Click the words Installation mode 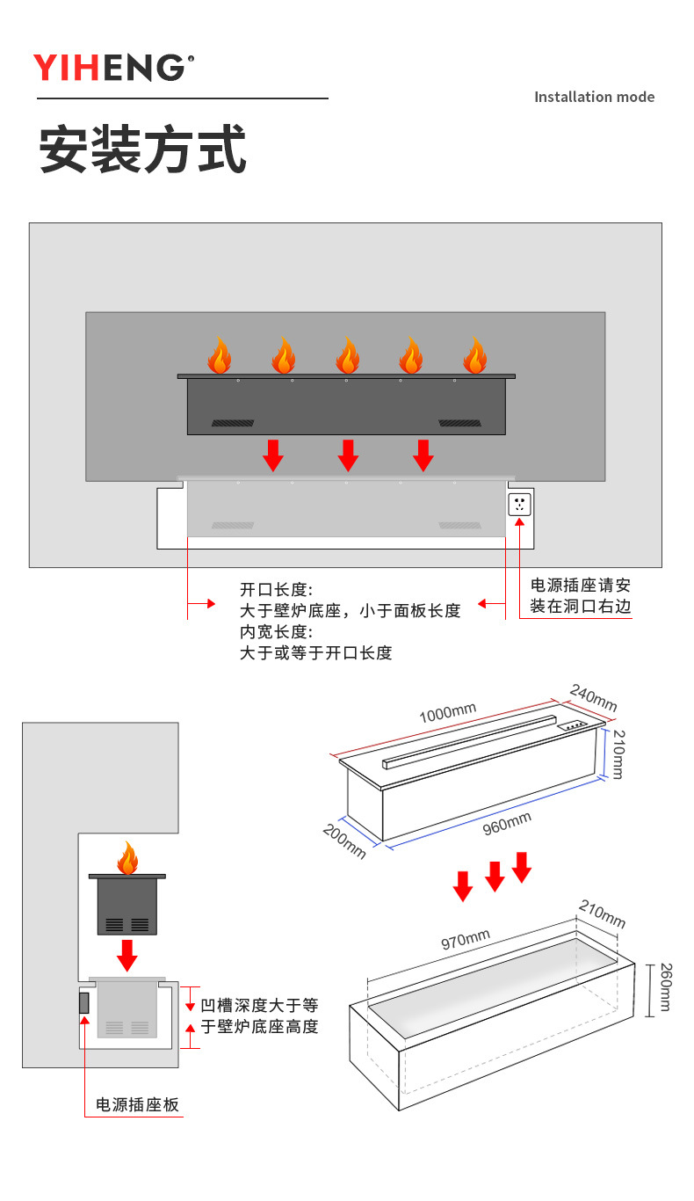[x=594, y=97]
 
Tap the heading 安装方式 [x=142, y=149]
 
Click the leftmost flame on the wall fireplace [x=219, y=356]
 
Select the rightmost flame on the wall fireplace [x=474, y=356]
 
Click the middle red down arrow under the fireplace [x=349, y=455]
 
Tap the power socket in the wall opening [x=519, y=505]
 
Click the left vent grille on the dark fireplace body [x=232, y=423]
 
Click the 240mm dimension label [x=593, y=697]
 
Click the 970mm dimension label [x=465, y=940]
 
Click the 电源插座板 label [x=137, y=1105]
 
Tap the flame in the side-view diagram [x=128, y=858]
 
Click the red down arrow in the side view [x=127, y=955]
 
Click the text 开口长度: [x=276, y=589]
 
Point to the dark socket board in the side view [x=84, y=1002]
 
